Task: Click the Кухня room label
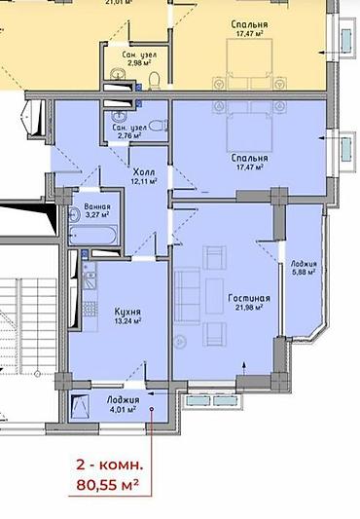127,312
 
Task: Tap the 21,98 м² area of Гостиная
249,307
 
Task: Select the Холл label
144,172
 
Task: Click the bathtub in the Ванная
93,235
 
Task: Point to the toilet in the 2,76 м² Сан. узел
159,126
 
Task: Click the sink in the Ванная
74,214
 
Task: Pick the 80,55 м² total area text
108,485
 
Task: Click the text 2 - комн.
110,464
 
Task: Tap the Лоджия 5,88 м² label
304,268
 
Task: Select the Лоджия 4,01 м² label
123,404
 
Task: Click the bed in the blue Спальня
249,127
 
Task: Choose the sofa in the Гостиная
187,295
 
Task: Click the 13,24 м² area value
127,320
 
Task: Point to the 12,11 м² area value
144,181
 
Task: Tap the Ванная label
97,206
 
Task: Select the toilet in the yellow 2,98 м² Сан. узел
154,82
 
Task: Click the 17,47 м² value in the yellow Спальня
250,34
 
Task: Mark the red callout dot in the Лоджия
152,409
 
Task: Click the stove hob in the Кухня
90,309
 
